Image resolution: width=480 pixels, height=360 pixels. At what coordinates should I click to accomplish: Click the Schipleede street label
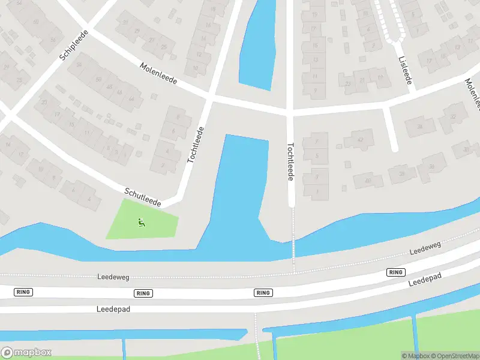click(x=74, y=46)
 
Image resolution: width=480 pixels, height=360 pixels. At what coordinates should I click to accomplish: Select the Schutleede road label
click(x=143, y=197)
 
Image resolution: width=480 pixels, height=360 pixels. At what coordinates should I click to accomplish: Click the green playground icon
click(x=142, y=223)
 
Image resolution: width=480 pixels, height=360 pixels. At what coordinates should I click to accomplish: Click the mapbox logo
click(x=26, y=352)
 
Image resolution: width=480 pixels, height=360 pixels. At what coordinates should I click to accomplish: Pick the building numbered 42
click(x=361, y=140)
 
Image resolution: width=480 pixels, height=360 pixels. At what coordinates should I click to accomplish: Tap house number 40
click(x=368, y=179)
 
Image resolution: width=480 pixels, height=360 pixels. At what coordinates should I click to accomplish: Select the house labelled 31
click(x=125, y=23)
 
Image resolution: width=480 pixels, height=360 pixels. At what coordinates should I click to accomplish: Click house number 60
click(x=35, y=22)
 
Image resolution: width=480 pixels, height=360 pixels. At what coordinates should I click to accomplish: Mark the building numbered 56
click(x=53, y=40)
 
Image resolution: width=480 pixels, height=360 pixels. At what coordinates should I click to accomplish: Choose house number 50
click(x=98, y=79)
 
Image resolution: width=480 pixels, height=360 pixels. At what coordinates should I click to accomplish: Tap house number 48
click(x=109, y=86)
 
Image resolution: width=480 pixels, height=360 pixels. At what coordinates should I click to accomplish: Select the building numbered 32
click(x=453, y=116)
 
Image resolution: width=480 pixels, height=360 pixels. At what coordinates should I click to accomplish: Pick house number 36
click(x=431, y=166)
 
